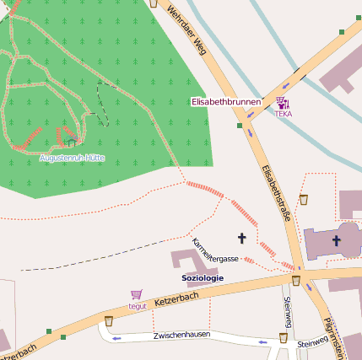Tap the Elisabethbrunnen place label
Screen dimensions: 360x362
225,102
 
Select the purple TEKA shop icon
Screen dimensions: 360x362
281,103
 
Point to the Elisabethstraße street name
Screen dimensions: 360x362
276,193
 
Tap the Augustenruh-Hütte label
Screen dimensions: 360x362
72,158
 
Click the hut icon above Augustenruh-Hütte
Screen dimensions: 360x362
73,142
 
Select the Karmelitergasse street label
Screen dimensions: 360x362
215,251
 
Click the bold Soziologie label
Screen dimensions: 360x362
203,278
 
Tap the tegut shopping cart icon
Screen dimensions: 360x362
136,295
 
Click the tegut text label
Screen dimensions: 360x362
137,306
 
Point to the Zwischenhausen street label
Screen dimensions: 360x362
181,336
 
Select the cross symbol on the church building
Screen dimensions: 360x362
336,241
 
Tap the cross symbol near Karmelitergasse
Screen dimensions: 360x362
242,239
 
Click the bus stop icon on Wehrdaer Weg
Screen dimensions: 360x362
153,3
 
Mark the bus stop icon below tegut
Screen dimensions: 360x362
109,321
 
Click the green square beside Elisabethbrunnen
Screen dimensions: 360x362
240,126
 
